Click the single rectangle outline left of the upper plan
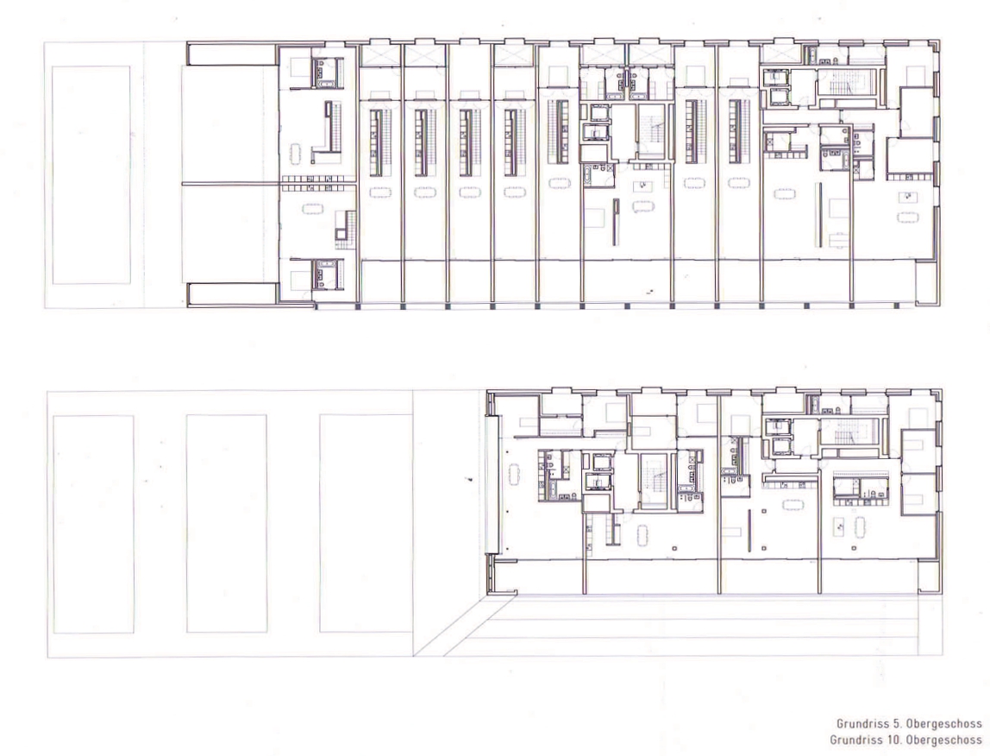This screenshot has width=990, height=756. [91, 174]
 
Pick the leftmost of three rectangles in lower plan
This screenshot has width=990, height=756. [93, 524]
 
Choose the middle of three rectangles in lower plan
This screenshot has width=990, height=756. [227, 524]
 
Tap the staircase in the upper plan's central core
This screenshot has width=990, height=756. [654, 133]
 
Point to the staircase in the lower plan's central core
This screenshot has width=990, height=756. [654, 481]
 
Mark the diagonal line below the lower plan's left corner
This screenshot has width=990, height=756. [466, 625]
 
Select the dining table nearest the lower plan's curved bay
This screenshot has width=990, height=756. [514, 473]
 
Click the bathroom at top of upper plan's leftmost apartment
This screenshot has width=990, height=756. [327, 72]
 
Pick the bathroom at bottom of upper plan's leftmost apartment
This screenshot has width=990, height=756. [327, 274]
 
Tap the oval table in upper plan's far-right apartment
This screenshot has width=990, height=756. [908, 217]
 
